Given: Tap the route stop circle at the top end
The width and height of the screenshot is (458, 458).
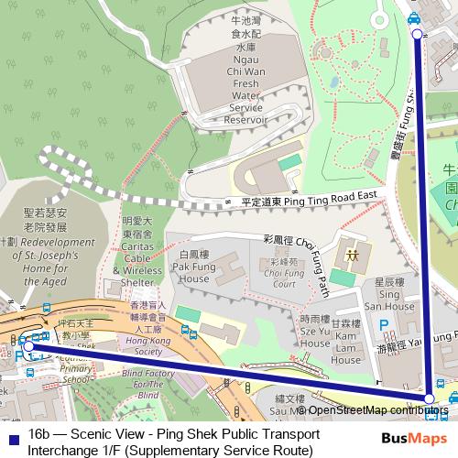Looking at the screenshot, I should (x=417, y=34).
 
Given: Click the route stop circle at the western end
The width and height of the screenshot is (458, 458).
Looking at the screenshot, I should (x=28, y=346).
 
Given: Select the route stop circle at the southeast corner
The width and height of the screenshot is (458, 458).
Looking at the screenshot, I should (x=429, y=398).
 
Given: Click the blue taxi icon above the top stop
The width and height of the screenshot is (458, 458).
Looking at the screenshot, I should (x=414, y=17).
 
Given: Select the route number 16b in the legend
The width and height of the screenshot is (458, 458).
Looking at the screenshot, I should (x=39, y=432).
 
